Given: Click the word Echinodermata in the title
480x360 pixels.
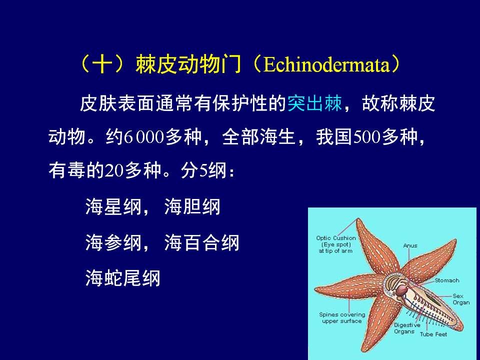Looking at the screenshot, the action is [326, 65].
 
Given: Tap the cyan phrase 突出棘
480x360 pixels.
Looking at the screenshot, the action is [314, 103].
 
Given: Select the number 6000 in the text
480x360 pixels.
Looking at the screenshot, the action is [144, 137].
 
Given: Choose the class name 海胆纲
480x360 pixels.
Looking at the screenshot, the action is [192, 206].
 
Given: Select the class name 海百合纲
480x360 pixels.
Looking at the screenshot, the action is [201, 243].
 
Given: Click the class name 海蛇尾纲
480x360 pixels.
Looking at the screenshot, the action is [123, 278].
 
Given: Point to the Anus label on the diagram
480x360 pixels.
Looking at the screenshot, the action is [410, 245].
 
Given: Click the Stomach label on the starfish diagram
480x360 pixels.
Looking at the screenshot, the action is [447, 280].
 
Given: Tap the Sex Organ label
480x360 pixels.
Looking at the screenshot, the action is [461, 299].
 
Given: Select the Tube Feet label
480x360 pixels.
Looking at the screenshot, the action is [433, 334].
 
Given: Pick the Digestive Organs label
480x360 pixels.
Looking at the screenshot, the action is [407, 328].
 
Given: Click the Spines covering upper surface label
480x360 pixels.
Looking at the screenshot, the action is [342, 318].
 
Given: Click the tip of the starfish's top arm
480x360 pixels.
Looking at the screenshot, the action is [357, 218].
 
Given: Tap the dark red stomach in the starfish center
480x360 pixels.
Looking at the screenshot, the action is [401, 290].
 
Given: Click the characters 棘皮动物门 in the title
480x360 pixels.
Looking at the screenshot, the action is [188, 65].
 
